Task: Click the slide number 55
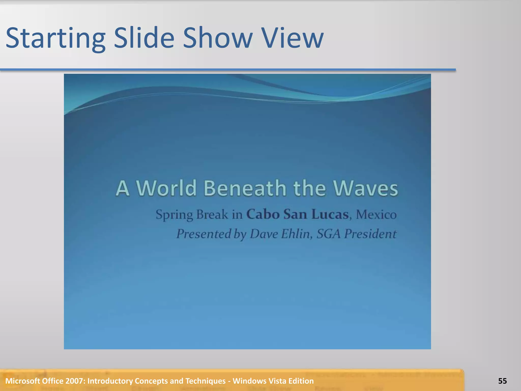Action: pyautogui.click(x=502, y=381)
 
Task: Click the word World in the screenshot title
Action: pyautogui.click(x=166, y=188)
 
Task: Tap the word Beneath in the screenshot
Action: pyautogui.click(x=245, y=188)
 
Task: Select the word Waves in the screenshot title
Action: pyautogui.click(x=365, y=188)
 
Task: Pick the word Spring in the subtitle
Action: pyautogui.click(x=175, y=215)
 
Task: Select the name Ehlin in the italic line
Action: pyautogui.click(x=296, y=234)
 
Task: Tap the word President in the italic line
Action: pyautogui.click(x=370, y=234)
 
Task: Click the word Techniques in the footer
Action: pyautogui.click(x=205, y=381)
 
